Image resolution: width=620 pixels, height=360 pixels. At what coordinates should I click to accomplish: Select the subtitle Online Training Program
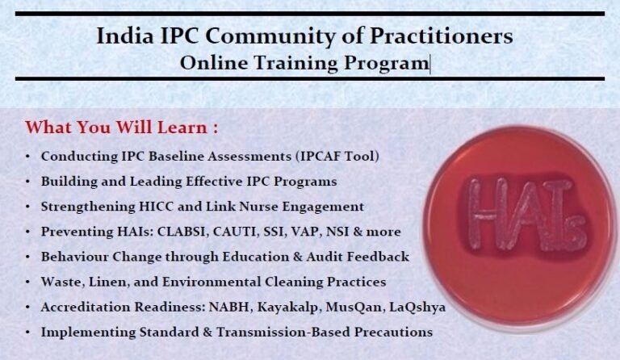coord(304,63)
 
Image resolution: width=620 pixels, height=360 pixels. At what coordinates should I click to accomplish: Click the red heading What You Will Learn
coord(121,128)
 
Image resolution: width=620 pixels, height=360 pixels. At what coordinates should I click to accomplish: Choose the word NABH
coord(226,307)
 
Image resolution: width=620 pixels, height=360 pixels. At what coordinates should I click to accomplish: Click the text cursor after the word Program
coord(430,63)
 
